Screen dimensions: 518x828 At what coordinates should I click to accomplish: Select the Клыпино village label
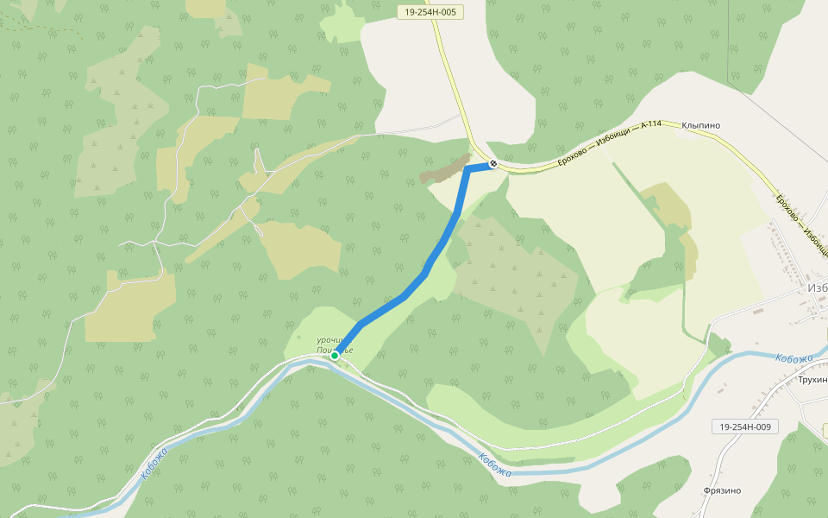tap(700, 125)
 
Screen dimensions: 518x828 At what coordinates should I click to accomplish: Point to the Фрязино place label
tap(722, 490)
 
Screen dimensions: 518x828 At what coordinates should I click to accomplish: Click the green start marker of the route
tap(335, 355)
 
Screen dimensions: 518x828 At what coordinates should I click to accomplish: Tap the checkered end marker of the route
tap(492, 163)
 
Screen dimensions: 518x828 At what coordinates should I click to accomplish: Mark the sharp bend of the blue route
tap(467, 169)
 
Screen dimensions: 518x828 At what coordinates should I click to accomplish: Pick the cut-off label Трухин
tap(812, 380)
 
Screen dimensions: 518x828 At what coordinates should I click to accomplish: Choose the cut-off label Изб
tap(817, 287)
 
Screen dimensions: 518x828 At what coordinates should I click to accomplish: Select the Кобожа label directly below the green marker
tap(495, 465)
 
